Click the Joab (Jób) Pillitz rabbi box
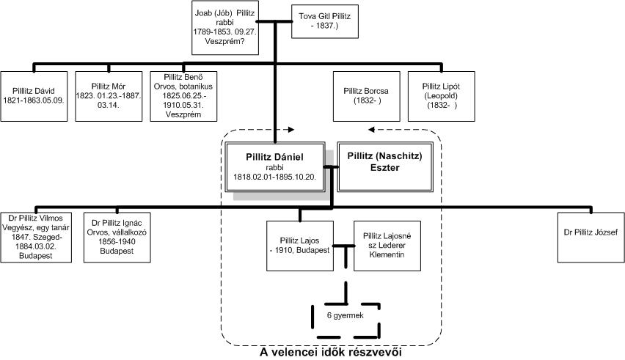point(228,28)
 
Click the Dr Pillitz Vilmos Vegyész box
point(37,236)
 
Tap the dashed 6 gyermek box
point(338,315)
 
